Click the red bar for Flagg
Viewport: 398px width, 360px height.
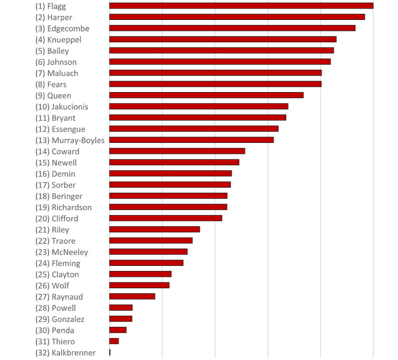tap(241, 5)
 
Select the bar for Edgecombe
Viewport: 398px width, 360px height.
tap(232, 28)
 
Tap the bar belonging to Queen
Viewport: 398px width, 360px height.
tap(206, 95)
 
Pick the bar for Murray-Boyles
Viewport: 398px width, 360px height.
tap(191, 140)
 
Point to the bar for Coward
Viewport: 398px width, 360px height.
tap(177, 151)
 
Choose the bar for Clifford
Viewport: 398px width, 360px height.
tap(165, 218)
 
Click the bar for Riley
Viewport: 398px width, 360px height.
tap(154, 229)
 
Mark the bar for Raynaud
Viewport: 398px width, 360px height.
tap(132, 296)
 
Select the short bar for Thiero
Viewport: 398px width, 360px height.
tap(114, 341)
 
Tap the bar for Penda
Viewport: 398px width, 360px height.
tap(118, 330)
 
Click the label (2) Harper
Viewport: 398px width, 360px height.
tap(54, 17)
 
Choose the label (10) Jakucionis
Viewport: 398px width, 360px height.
tap(62, 107)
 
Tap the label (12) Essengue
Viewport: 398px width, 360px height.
tap(60, 129)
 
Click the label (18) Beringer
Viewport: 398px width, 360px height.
tap(59, 196)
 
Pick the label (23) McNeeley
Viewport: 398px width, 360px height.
tap(62, 252)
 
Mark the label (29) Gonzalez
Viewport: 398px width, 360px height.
tap(60, 319)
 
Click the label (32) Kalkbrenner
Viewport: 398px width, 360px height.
tap(65, 353)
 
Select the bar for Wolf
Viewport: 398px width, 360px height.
tap(139, 285)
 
